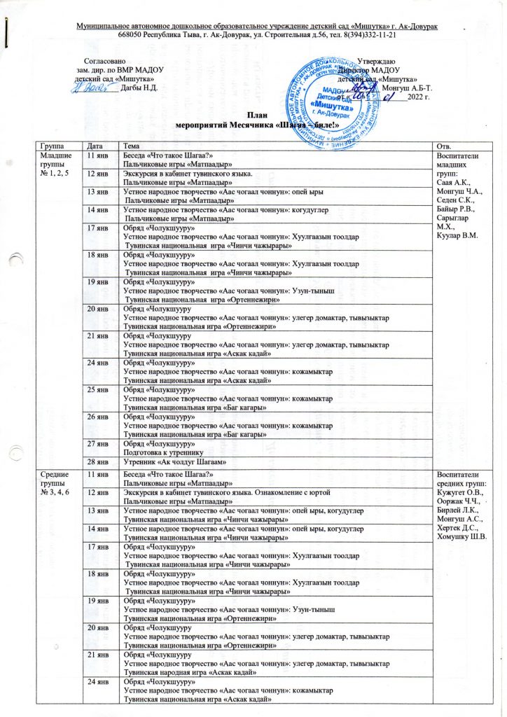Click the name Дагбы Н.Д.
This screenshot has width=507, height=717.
click(139, 88)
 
